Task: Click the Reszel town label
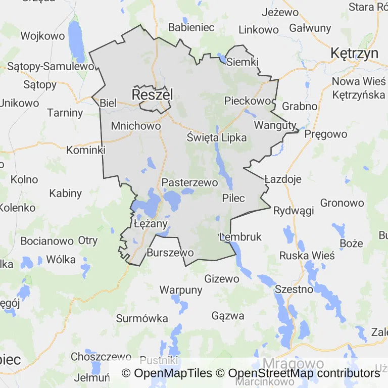pyautogui.click(x=152, y=94)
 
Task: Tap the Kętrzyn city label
pyautogui.click(x=355, y=53)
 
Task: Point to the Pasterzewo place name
pyautogui.click(x=189, y=182)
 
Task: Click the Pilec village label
pyautogui.click(x=233, y=198)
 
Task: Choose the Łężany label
pyautogui.click(x=151, y=223)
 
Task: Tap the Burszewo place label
pyautogui.click(x=170, y=252)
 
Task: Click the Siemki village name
pyautogui.click(x=243, y=62)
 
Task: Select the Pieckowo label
pyautogui.click(x=248, y=101)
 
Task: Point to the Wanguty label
pyautogui.click(x=275, y=124)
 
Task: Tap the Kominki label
pyautogui.click(x=86, y=150)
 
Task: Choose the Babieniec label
pyautogui.click(x=191, y=27)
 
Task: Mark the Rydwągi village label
pyautogui.click(x=294, y=211)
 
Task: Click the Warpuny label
pyautogui.click(x=181, y=290)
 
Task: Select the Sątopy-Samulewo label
pyautogui.click(x=51, y=66)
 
